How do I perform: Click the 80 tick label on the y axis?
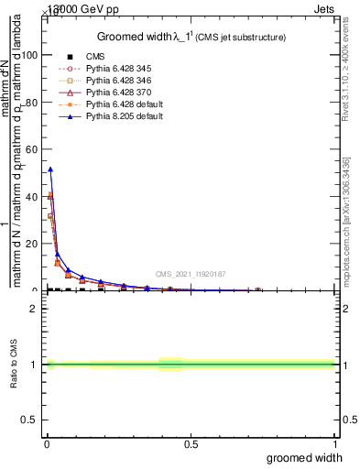coord(31,103)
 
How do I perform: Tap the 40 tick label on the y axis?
coord(31,197)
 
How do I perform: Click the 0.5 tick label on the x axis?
coord(191,445)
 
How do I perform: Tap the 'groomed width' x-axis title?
coord(305,457)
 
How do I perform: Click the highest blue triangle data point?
coord(50,169)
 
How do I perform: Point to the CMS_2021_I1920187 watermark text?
coord(190,273)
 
